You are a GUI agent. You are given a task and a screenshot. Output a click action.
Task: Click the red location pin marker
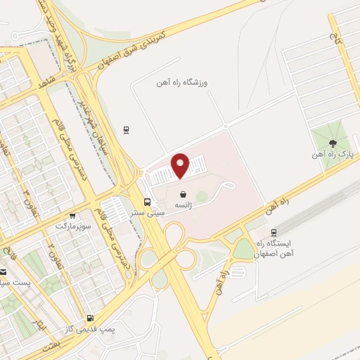(181, 165)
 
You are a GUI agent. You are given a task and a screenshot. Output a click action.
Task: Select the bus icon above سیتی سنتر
(146, 200)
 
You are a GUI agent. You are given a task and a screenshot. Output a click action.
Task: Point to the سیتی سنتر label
(150, 211)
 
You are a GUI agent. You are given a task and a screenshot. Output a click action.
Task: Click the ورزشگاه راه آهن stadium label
(184, 82)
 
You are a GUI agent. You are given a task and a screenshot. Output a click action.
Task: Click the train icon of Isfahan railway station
(274, 232)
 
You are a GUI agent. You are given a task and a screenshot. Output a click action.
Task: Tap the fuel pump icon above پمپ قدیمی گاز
(89, 319)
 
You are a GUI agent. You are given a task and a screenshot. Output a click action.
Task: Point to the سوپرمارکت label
(74, 226)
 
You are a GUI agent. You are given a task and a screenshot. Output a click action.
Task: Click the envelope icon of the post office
(3, 272)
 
